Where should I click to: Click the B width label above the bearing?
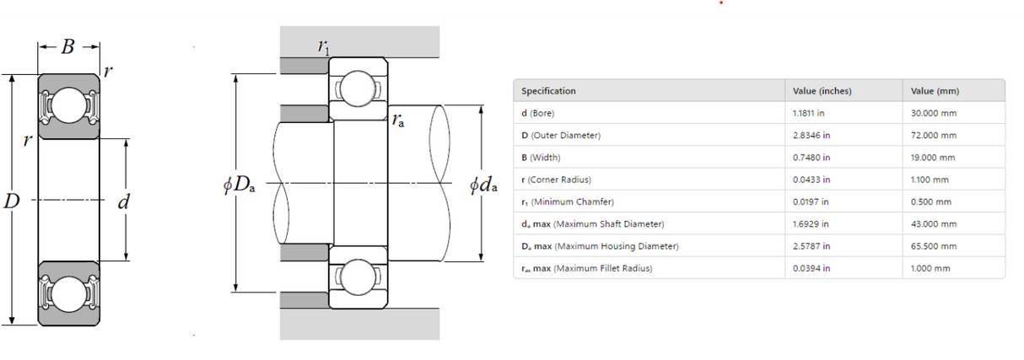68,46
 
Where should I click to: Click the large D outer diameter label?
12,201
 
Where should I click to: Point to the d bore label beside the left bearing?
123,201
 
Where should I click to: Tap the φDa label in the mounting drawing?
239,185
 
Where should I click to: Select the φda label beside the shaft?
483,185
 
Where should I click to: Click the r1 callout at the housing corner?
324,47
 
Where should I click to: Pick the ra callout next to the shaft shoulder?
398,121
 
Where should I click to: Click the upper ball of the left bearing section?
69,105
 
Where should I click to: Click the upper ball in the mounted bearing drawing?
358,89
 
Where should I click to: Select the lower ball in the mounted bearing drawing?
358,277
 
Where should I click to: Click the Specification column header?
548,91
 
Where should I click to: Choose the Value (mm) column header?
935,91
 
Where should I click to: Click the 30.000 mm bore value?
934,113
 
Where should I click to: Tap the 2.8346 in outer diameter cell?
811,135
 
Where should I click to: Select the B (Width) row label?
541,158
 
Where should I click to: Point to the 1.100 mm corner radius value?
930,180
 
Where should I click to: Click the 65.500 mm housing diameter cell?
934,246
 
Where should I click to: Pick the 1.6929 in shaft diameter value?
811,224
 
